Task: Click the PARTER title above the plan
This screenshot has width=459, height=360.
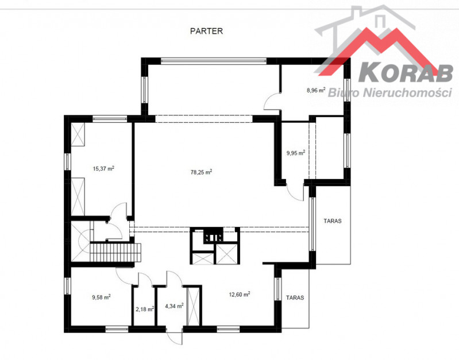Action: [206, 31]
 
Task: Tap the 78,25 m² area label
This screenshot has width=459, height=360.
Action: [202, 172]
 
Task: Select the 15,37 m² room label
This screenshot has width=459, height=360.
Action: [103, 168]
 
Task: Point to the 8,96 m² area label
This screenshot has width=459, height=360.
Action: [316, 90]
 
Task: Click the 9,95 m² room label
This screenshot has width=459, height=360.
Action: [296, 153]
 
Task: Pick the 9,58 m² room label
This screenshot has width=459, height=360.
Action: [101, 297]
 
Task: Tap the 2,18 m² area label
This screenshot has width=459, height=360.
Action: [145, 309]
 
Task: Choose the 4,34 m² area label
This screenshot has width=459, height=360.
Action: [174, 306]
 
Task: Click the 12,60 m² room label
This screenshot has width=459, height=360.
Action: [240, 294]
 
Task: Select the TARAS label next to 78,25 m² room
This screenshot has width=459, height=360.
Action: [333, 220]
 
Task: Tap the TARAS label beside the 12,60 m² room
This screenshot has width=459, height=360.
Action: [295, 297]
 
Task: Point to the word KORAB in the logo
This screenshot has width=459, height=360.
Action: [406, 73]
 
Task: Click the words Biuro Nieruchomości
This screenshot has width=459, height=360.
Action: [390, 92]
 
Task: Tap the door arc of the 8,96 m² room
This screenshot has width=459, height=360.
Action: [272, 101]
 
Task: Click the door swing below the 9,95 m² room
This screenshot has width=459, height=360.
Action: [295, 191]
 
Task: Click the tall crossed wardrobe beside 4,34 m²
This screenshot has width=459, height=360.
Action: [193, 307]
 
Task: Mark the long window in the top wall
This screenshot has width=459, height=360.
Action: [214, 61]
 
